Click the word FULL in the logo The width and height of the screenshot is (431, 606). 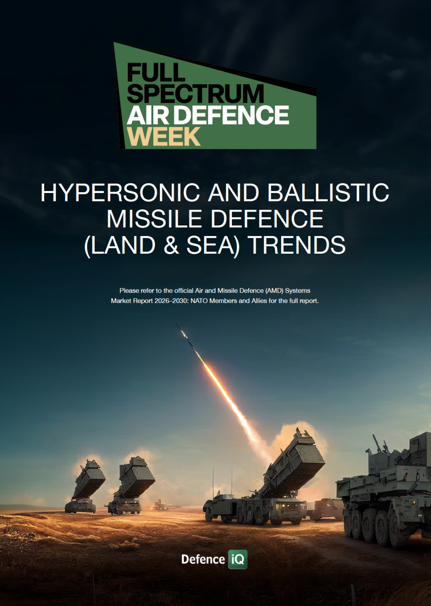pos(156,72)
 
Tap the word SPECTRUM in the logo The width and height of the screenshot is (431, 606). pos(195,94)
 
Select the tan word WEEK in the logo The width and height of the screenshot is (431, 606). pos(164,137)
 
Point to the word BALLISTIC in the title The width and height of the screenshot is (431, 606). pos(328,192)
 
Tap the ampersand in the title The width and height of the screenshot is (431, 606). pos(171,245)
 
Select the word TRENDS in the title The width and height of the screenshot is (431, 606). pos(298,245)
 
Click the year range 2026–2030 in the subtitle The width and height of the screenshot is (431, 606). pos(172,301)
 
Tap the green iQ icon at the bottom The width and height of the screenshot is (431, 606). pos(238,559)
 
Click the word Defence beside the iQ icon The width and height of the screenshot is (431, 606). pos(203,559)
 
